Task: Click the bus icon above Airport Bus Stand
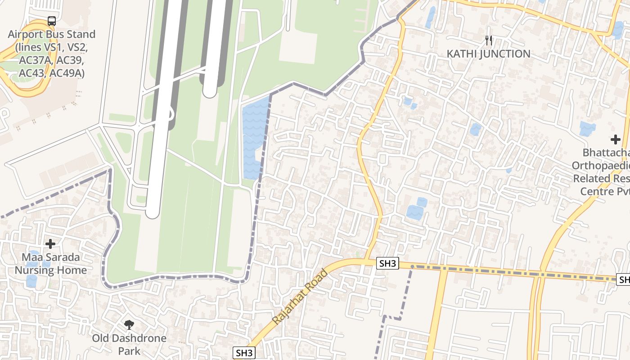coord(52,21)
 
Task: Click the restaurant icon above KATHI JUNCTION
coord(489,40)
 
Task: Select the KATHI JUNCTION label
coord(488,54)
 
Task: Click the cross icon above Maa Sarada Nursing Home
coord(50,244)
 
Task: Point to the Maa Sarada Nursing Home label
coord(51,264)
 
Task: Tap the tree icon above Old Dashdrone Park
coord(129,324)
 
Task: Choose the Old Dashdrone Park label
coord(129,344)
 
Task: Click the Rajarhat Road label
coord(300,296)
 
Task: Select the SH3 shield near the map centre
coord(387,264)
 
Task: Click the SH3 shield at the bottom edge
coord(244,353)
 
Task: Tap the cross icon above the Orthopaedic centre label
coord(615,139)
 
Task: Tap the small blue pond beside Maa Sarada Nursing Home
coord(31,281)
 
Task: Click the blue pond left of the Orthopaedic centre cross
coord(587,129)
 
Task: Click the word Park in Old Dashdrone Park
coord(129,351)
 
